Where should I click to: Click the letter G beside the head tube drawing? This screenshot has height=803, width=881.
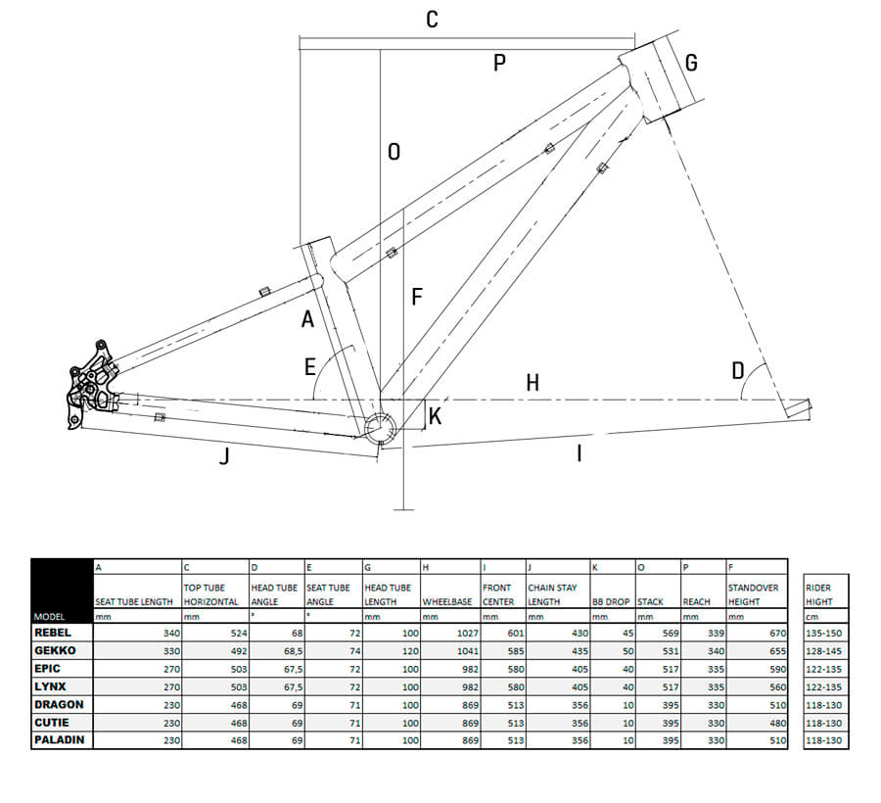click(691, 64)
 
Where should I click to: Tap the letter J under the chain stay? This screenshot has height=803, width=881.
click(224, 455)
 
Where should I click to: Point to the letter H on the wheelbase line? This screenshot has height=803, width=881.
click(533, 383)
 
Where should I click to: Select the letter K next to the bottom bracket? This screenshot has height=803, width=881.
click(436, 416)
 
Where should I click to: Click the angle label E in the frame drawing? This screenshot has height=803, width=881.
click(310, 367)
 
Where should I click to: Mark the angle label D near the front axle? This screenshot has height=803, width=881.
click(737, 370)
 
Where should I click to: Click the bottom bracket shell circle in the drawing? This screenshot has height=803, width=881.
click(379, 426)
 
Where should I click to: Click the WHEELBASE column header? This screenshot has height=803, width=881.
click(448, 601)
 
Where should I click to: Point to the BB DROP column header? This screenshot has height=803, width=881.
click(610, 601)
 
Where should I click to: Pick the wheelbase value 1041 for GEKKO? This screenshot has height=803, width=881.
click(464, 650)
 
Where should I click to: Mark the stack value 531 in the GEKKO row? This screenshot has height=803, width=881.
click(668, 650)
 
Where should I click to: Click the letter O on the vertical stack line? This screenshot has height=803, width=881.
click(394, 152)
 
